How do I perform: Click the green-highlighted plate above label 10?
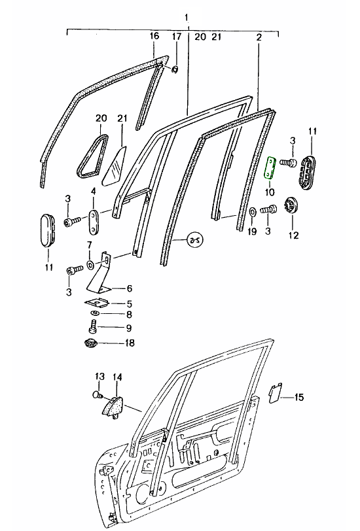[270, 167]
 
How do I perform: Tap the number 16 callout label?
[154, 36]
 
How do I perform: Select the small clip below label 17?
[175, 70]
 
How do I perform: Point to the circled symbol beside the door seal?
[195, 240]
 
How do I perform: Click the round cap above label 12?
[291, 206]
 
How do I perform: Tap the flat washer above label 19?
[253, 213]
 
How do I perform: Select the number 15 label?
[298, 397]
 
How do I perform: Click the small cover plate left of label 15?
[276, 393]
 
